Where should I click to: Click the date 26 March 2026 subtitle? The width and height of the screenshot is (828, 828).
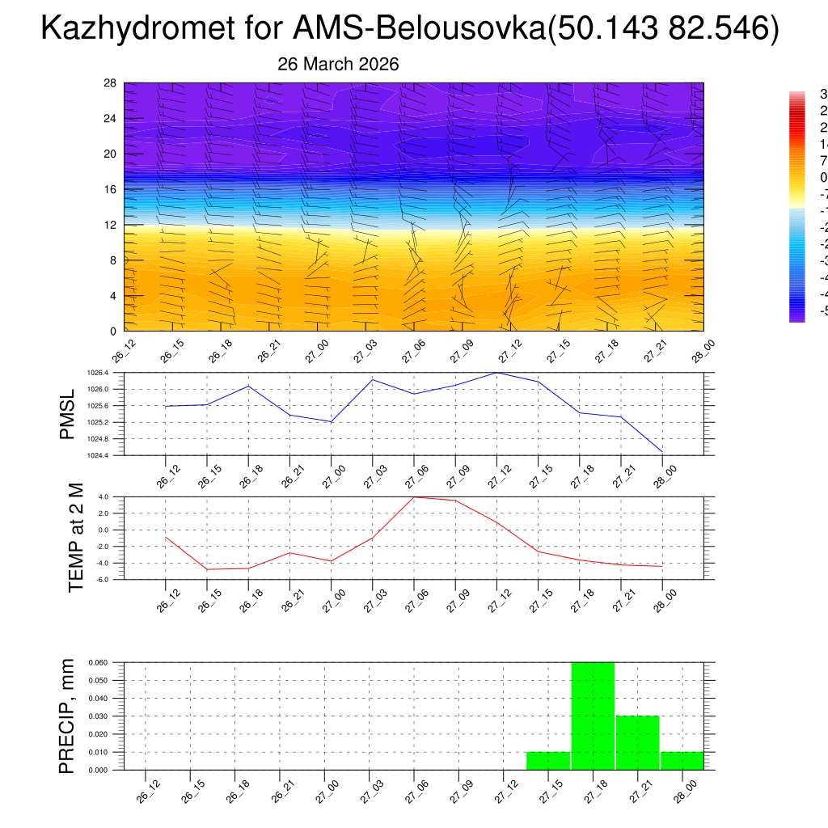(x=338, y=65)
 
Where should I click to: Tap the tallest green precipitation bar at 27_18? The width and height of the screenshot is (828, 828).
(x=593, y=716)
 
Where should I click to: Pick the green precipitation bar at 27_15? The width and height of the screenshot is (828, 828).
(x=548, y=760)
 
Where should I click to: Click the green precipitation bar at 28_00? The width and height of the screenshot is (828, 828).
(x=682, y=760)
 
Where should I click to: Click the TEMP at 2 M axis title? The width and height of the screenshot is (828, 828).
(x=76, y=537)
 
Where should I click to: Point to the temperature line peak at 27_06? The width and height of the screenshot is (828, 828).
(x=414, y=497)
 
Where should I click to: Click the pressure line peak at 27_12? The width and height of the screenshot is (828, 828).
(x=496, y=373)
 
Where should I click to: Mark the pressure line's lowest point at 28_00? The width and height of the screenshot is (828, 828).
(x=662, y=450)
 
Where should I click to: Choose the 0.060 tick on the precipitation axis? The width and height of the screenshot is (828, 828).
(x=109, y=662)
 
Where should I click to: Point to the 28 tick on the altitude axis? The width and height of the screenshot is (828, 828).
(x=111, y=83)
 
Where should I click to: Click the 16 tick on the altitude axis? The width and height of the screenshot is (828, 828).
(x=111, y=189)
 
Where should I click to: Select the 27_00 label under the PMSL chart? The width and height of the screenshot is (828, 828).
(x=328, y=475)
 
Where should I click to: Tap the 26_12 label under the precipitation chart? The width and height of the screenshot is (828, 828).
(x=147, y=792)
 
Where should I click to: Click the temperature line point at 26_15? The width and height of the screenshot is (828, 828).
(x=207, y=569)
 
